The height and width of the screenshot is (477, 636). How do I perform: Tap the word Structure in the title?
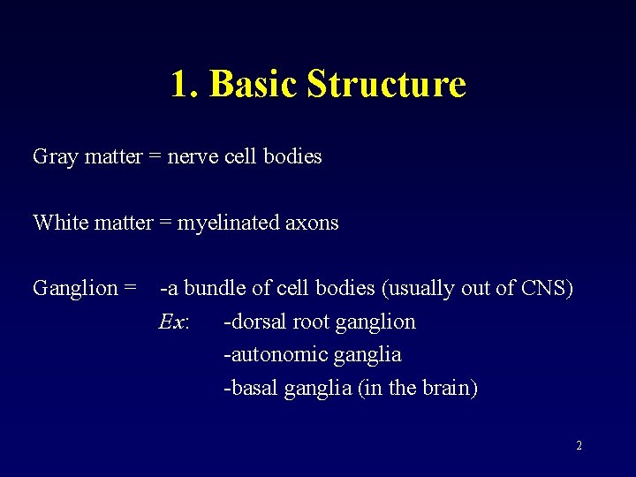(386, 85)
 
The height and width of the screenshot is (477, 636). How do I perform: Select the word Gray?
(50, 157)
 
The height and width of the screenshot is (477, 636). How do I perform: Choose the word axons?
(312, 223)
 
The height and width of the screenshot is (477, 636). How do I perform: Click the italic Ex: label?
(173, 322)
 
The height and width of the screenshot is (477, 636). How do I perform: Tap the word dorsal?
(257, 322)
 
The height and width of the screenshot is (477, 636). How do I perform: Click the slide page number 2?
(579, 446)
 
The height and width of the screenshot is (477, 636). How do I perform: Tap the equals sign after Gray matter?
(155, 157)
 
